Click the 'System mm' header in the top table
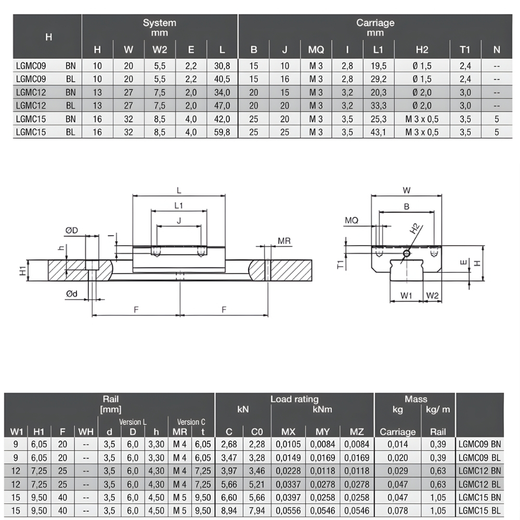(x=160, y=28)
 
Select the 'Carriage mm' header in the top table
(x=375, y=28)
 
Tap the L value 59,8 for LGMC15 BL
(x=222, y=132)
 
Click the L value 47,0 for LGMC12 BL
(x=222, y=106)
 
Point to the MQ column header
(x=316, y=50)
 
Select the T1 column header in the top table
(x=464, y=50)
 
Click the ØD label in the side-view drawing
(x=72, y=230)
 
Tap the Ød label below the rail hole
(x=71, y=294)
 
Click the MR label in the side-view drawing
(x=284, y=241)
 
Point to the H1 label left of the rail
(x=21, y=270)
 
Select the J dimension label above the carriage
(x=179, y=220)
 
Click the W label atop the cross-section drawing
(x=407, y=190)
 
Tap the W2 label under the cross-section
(x=432, y=295)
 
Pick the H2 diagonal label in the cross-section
(x=414, y=229)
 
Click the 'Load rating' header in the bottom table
(x=294, y=399)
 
